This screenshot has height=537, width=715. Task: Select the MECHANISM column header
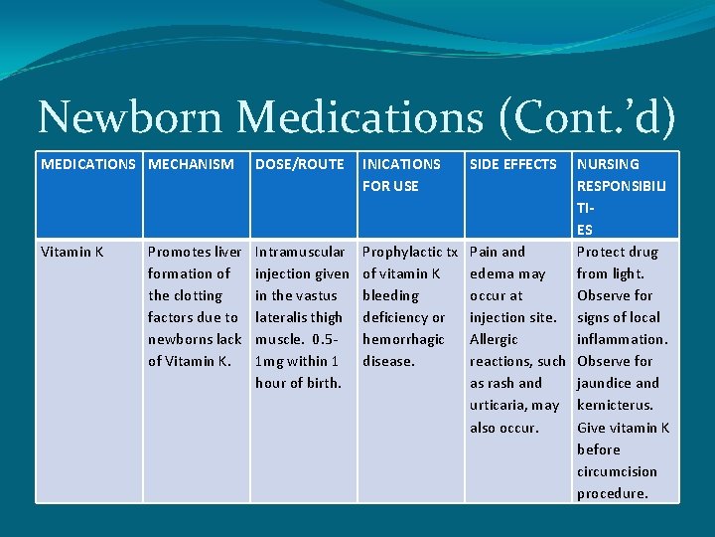pos(191,164)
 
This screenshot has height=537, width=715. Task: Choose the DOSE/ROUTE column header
pos(300,164)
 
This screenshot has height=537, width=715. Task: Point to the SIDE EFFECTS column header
pos(513,164)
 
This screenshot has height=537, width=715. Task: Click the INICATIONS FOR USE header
pos(401,175)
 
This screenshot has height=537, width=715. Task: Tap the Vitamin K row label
pos(72,252)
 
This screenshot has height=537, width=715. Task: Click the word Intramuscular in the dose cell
pos(300,252)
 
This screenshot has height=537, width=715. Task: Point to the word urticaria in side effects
pos(500,405)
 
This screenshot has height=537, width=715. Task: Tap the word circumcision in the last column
pos(617,471)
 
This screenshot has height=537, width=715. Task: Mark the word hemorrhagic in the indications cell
pos(403,339)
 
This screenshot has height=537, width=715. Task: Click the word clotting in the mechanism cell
pos(199,295)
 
